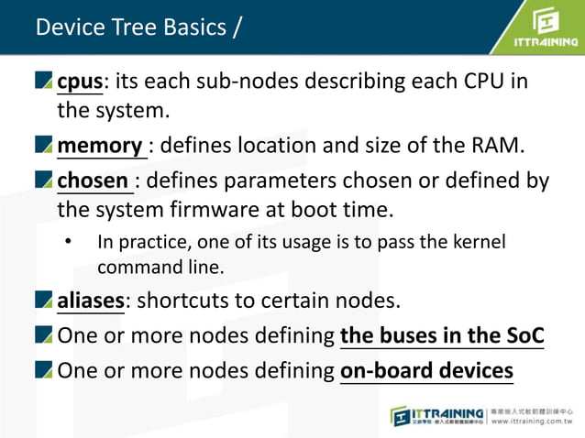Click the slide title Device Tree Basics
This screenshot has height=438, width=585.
click(x=138, y=27)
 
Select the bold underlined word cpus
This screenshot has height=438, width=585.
click(x=80, y=81)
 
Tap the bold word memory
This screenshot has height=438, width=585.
click(x=99, y=146)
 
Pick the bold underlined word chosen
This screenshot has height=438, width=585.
click(x=94, y=180)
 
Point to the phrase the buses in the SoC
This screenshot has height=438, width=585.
click(x=442, y=335)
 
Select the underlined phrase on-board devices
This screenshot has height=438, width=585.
click(x=426, y=370)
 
